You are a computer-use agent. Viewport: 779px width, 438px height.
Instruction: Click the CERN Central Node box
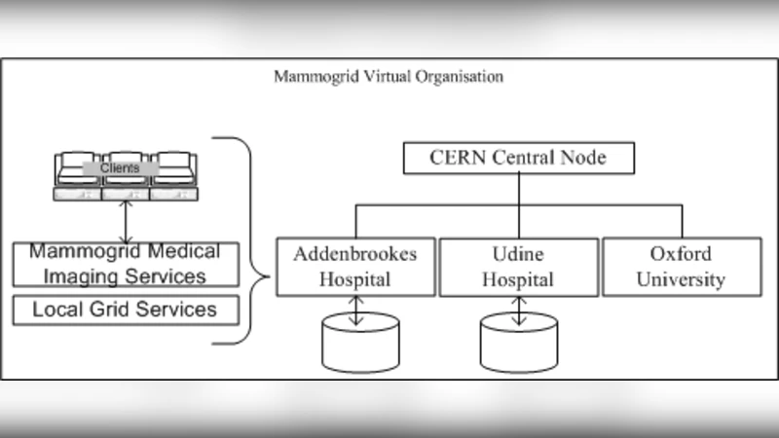519,158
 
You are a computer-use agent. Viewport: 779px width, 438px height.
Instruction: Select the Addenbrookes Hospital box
354,268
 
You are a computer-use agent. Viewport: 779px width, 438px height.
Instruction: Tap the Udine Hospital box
518,268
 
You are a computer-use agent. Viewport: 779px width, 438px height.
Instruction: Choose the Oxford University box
681,268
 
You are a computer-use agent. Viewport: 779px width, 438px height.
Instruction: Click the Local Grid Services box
126,310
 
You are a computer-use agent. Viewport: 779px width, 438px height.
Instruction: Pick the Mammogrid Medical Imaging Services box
126,265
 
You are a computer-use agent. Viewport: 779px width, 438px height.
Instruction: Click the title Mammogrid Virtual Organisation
389,76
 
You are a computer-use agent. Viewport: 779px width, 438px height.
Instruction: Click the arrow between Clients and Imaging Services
125,223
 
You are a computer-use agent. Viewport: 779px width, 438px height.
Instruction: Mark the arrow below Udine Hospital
519,310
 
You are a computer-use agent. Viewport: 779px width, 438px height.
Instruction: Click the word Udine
518,255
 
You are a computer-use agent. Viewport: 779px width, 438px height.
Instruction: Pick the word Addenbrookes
354,255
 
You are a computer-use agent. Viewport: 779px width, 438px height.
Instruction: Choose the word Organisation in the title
465,76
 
